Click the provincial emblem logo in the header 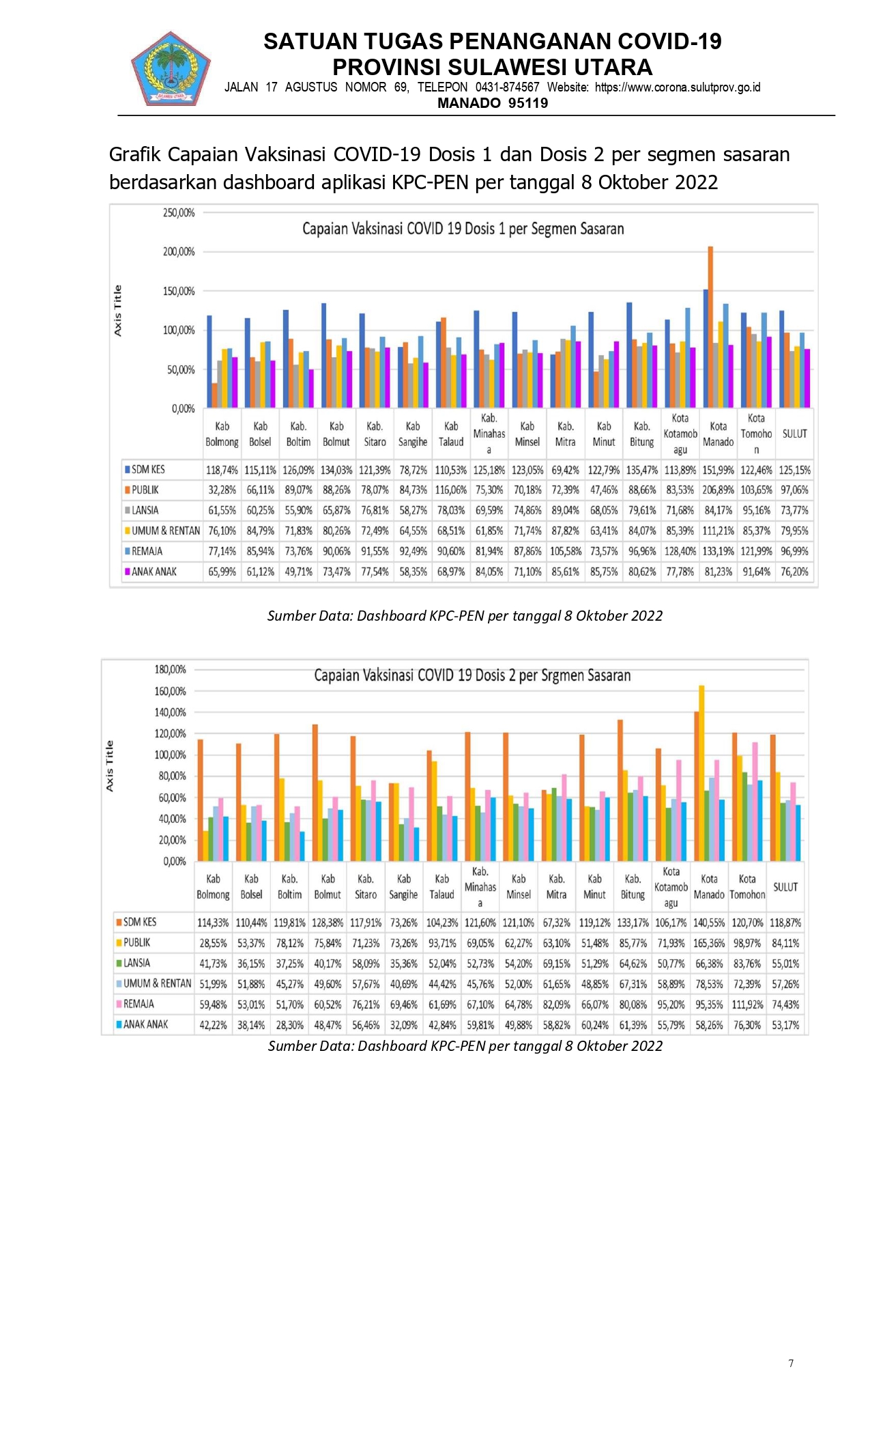[x=171, y=68]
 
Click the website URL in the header [x=678, y=87]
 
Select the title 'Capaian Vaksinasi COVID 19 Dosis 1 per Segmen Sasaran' [x=463, y=229]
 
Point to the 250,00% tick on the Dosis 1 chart [x=179, y=213]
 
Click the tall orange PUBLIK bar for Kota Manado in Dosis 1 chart [x=710, y=327]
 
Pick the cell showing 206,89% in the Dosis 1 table [x=718, y=490]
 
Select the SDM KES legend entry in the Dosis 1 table [x=145, y=470]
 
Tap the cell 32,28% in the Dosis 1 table [x=222, y=490]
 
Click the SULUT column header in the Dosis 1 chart [x=794, y=434]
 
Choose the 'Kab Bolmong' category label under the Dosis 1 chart [x=222, y=434]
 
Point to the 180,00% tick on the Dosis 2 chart [x=171, y=670]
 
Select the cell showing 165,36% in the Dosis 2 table [x=709, y=943]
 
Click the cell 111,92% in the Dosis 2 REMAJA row [x=747, y=1004]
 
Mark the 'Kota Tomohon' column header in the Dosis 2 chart [x=747, y=887]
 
